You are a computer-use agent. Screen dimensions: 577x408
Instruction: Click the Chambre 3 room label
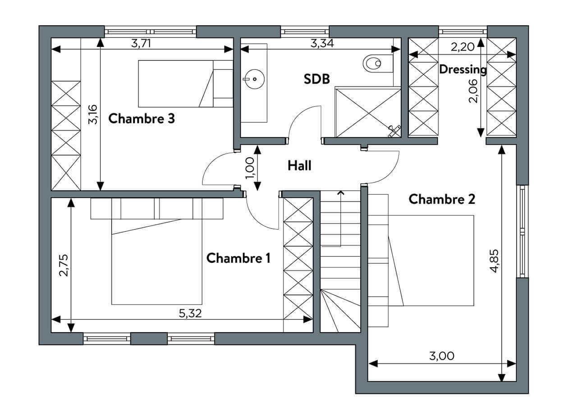click(142, 119)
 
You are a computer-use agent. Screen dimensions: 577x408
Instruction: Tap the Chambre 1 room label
click(238, 258)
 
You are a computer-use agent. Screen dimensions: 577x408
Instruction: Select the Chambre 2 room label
click(442, 199)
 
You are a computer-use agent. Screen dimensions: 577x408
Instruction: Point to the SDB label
click(316, 79)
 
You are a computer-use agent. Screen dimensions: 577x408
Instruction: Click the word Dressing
click(463, 69)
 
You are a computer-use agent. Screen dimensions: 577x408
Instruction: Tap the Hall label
click(299, 165)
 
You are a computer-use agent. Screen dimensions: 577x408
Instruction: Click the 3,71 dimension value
click(141, 43)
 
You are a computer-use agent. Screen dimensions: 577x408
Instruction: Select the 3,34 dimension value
click(322, 43)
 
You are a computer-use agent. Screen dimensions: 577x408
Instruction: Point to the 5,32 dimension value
click(190, 313)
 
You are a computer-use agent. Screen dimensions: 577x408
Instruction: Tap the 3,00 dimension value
click(442, 356)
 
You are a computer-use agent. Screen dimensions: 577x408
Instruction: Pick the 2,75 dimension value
click(64, 265)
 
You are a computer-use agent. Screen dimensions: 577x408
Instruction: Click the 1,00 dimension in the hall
click(250, 168)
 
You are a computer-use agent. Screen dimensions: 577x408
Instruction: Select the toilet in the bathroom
click(378, 63)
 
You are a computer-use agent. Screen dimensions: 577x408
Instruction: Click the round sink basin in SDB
click(254, 79)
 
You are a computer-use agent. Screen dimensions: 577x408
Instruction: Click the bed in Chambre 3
click(185, 84)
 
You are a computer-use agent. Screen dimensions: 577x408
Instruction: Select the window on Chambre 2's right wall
click(522, 231)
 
